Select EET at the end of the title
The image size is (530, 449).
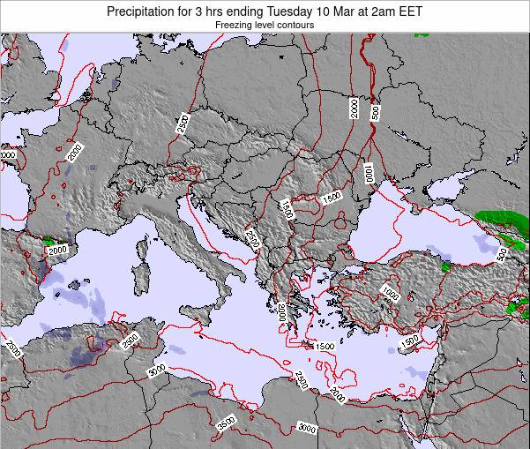point(410,11)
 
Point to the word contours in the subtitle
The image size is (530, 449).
point(295,26)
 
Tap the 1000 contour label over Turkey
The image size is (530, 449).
point(390,294)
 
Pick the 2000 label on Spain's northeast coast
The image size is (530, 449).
point(57,250)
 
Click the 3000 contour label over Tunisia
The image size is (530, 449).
point(157,372)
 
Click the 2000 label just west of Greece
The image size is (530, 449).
point(281,311)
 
